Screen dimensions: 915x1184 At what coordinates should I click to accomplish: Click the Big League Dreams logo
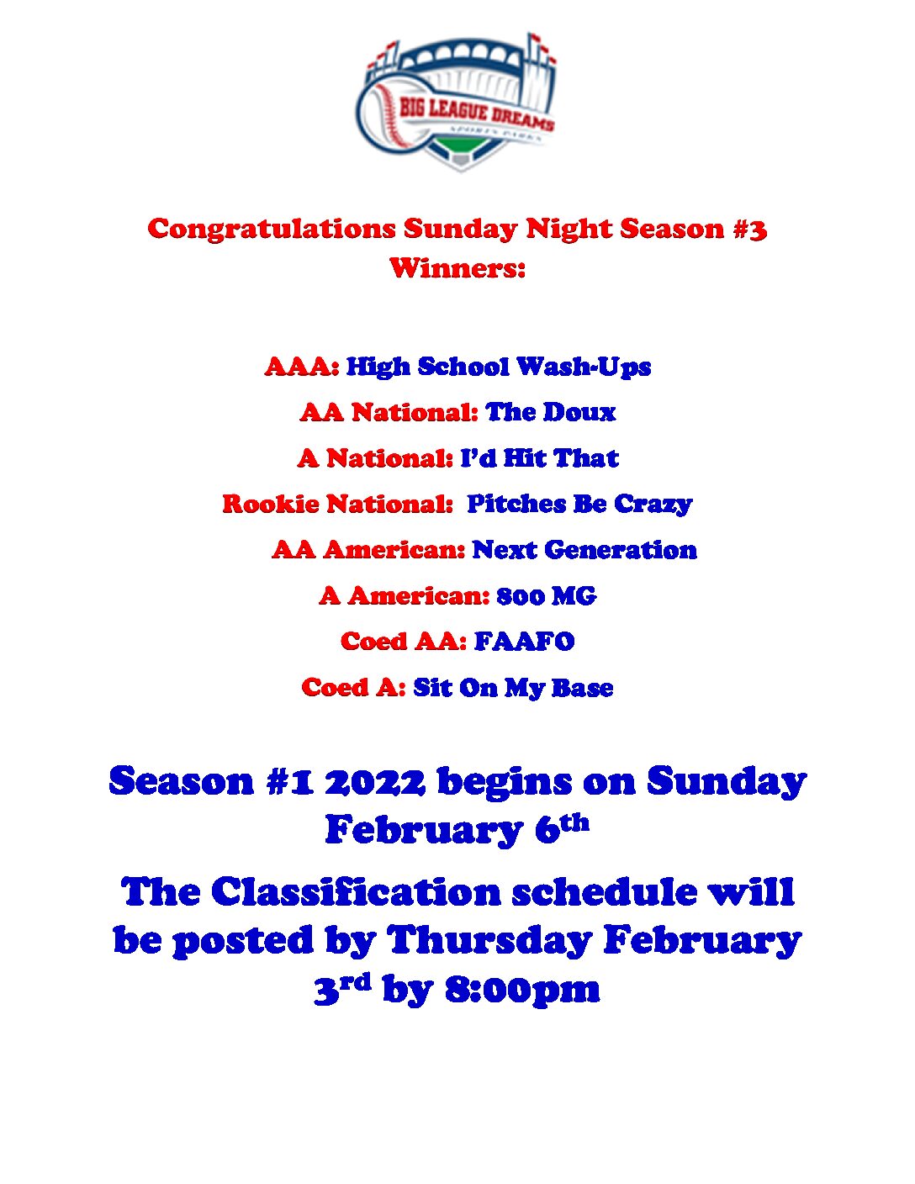coord(457,103)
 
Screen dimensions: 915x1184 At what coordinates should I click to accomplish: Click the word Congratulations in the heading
coord(272,230)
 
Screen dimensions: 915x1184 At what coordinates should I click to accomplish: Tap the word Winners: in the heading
coord(457,268)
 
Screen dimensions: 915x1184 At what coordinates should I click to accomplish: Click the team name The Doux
coord(550,412)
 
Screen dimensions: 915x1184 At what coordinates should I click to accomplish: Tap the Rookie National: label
coord(338,504)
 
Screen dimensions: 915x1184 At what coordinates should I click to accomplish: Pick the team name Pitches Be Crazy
coord(579,505)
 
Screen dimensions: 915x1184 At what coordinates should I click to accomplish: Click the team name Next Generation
coord(584,550)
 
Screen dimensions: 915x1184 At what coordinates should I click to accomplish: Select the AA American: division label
coord(368,550)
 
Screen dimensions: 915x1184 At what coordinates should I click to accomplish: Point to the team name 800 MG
coord(546,596)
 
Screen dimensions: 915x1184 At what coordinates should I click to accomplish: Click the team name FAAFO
coord(524,642)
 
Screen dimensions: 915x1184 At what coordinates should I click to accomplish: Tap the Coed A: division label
coord(354,687)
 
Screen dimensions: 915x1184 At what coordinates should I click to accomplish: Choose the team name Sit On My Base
coord(513,689)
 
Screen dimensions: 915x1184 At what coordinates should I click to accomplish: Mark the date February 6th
coord(457,831)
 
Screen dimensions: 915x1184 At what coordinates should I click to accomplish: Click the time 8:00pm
coord(522,989)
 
